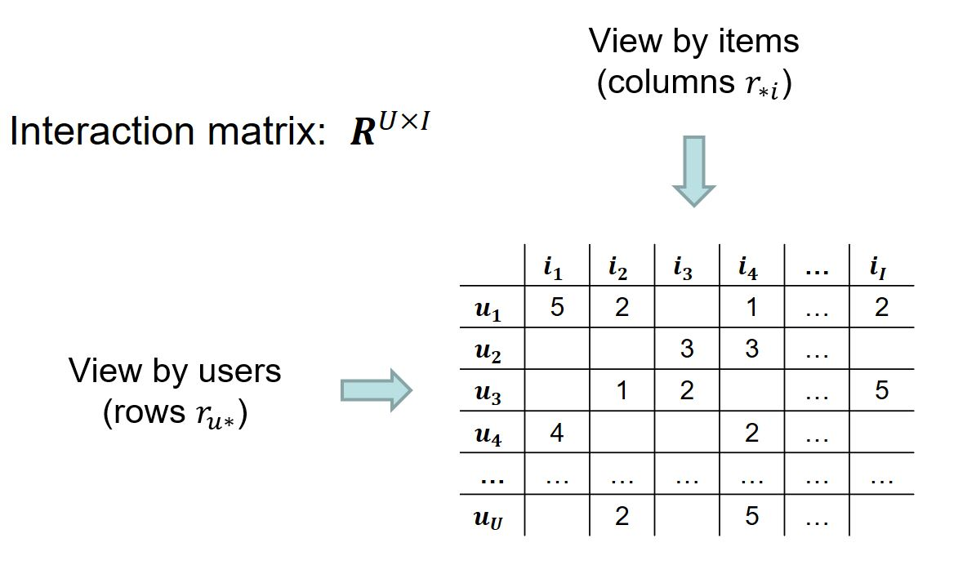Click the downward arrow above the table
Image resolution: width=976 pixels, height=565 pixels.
[694, 171]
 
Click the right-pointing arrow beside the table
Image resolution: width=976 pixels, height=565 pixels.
[376, 390]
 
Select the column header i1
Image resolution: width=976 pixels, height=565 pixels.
[554, 268]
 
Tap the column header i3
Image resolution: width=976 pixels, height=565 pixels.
[684, 268]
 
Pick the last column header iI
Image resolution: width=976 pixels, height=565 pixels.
[878, 268]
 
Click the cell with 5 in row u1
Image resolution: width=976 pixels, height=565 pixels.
[557, 307]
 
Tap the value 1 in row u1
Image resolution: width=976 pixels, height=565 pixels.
[752, 307]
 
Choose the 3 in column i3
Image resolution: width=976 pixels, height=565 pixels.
[687, 349]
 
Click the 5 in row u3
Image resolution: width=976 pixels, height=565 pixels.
[881, 390]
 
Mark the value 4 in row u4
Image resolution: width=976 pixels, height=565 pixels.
[557, 432]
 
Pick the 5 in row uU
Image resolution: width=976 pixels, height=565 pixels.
[752, 515]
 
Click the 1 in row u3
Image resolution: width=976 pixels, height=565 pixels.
[622, 390]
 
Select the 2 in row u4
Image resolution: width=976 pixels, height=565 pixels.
[752, 432]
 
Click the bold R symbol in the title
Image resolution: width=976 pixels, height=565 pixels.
[363, 132]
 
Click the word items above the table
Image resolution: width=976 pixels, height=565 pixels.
[759, 42]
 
